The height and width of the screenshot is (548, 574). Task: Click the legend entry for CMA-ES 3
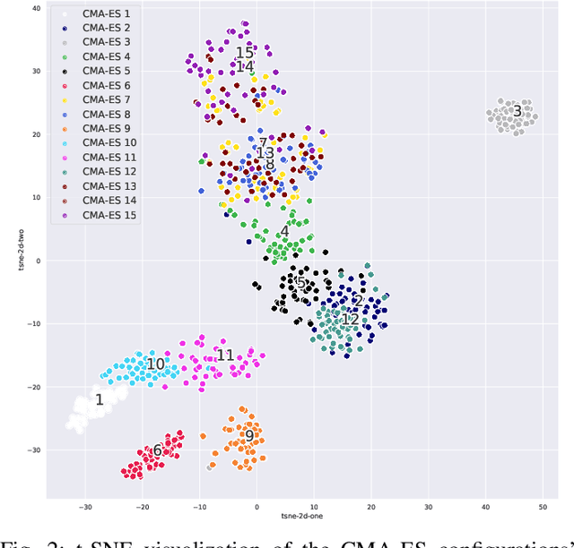tap(106, 42)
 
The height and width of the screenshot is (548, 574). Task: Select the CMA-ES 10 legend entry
tap(109, 142)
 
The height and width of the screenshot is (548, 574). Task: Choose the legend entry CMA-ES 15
tap(109, 214)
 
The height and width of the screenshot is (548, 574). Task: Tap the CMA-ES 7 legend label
tap(106, 99)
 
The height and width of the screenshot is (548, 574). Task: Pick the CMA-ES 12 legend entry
tap(109, 171)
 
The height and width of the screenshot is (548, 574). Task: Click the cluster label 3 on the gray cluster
tap(517, 111)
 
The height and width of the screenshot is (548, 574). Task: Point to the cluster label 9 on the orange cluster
tap(249, 437)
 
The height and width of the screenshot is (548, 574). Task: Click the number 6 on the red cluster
tap(157, 450)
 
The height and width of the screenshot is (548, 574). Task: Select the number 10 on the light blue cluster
tap(155, 364)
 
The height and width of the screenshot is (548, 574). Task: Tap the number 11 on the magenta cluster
tap(225, 355)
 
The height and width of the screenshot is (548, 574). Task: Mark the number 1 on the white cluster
tap(100, 399)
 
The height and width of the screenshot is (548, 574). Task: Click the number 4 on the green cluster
tap(284, 232)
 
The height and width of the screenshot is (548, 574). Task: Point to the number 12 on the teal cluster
tap(350, 319)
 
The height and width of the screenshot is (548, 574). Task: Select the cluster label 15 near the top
tap(245, 54)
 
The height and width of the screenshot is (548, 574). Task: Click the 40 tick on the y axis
tap(36, 8)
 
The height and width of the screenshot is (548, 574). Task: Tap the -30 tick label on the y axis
tap(33, 450)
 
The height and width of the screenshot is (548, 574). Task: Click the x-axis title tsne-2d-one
tap(299, 518)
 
